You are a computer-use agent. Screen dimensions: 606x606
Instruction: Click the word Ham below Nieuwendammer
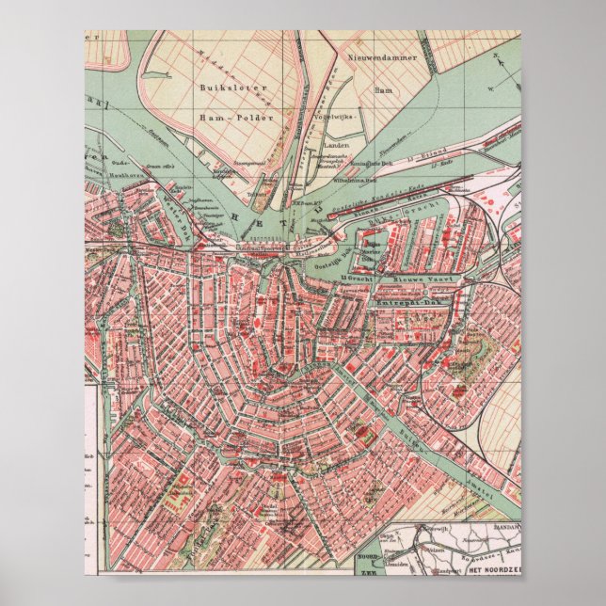pos(381,91)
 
